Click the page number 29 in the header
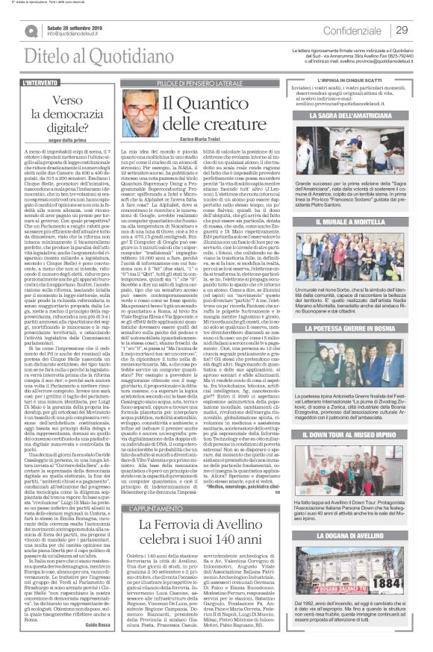click(402, 30)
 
